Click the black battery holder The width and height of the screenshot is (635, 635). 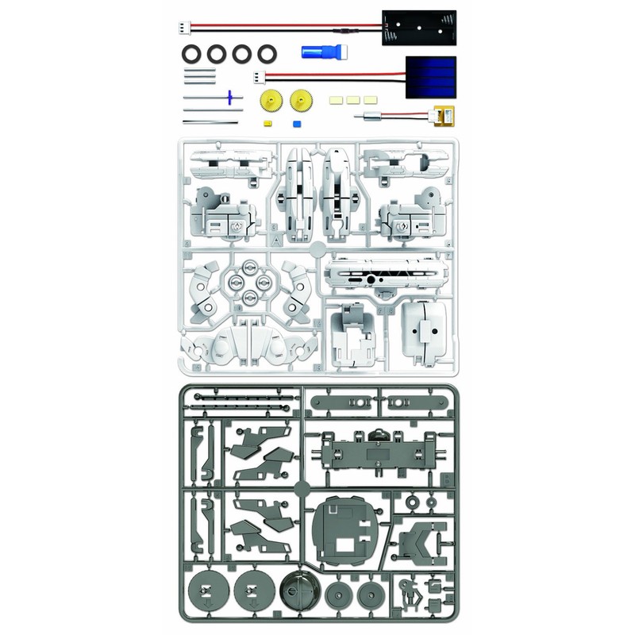click(418, 29)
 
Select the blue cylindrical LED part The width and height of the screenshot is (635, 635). click(318, 52)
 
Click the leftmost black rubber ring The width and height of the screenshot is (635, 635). click(192, 54)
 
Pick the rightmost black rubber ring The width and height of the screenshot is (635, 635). click(266, 54)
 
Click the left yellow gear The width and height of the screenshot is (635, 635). click(269, 102)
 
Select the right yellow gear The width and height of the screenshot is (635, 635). click(300, 101)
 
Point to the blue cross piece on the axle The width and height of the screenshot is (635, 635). click(231, 98)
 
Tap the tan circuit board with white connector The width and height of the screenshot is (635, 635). click(443, 118)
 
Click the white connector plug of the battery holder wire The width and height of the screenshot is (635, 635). click(185, 26)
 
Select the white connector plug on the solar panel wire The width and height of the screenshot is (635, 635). click(260, 77)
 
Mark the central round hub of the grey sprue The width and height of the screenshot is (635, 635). click(302, 487)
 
